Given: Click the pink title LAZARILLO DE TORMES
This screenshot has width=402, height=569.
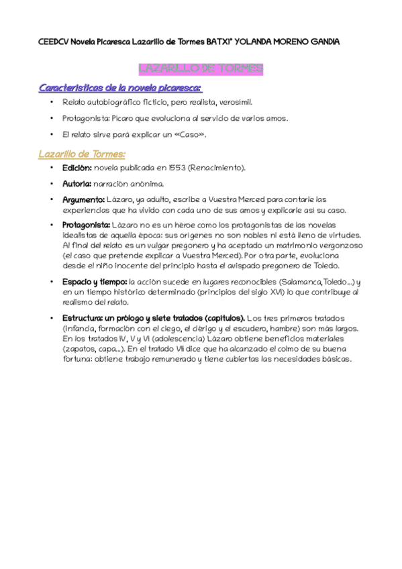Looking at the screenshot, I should (x=200, y=68).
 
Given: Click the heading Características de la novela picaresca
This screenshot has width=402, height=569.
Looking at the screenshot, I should (x=121, y=88).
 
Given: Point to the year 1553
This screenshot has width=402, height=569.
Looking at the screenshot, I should (x=179, y=168).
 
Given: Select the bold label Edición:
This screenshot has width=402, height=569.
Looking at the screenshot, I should (x=77, y=168).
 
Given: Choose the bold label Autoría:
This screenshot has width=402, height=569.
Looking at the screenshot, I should (x=77, y=183).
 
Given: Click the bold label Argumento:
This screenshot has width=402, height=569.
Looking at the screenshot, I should (x=83, y=199).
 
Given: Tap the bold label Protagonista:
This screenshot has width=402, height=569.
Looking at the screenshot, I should (x=86, y=224).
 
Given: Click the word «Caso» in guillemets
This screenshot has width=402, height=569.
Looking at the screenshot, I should (x=191, y=134).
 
